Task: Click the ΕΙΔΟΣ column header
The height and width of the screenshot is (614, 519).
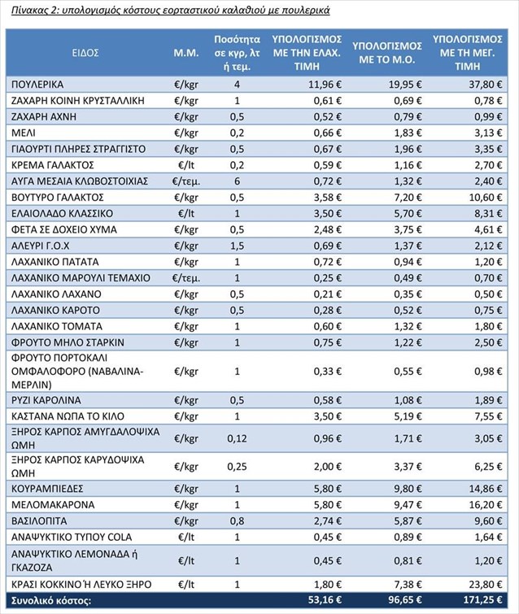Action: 85,53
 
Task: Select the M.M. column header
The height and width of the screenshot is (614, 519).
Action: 186,53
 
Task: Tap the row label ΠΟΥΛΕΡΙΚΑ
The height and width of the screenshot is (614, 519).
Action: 37,85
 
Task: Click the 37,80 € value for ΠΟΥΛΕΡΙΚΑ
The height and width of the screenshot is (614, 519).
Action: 486,85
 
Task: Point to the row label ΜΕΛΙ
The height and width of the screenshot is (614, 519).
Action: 24,133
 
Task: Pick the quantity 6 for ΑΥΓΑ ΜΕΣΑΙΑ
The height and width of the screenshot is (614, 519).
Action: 237,181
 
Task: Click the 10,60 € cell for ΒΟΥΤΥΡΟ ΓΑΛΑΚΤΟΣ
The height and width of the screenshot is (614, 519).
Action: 486,198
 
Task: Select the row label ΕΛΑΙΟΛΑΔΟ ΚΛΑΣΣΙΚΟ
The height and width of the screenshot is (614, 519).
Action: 63,213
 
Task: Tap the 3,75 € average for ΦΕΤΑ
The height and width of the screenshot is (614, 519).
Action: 408,230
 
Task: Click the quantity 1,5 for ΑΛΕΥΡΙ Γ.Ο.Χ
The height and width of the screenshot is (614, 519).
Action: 237,246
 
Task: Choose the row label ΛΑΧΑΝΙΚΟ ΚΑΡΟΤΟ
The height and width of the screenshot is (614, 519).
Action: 55,311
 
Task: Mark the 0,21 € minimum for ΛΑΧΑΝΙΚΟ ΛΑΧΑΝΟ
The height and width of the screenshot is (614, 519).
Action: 328,294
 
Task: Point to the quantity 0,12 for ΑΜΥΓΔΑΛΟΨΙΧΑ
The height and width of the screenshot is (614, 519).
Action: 237,438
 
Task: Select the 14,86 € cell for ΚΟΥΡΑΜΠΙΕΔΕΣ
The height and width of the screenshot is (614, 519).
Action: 486,489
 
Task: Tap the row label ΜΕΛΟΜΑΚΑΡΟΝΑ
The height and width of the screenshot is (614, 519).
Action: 53,505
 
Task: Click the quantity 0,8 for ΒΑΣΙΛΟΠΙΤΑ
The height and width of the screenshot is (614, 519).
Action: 237,521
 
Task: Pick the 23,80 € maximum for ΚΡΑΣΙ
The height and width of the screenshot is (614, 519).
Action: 486,585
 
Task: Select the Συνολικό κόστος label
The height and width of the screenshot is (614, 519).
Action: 51,600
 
